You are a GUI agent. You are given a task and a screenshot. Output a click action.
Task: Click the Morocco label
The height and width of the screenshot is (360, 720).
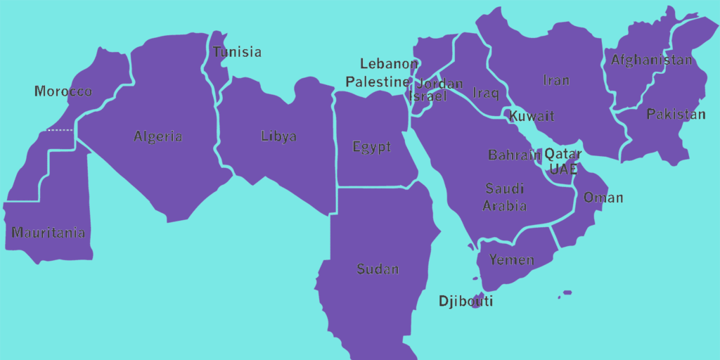(x=63, y=91)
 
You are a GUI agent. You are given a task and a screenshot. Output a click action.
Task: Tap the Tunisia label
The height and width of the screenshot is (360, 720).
(x=237, y=52)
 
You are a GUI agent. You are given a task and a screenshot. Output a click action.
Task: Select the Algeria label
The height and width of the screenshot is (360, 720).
(x=158, y=136)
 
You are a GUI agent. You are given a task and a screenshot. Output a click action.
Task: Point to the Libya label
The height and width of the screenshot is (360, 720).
(x=278, y=136)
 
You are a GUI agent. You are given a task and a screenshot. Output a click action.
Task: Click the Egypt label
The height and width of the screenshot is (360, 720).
(x=371, y=147)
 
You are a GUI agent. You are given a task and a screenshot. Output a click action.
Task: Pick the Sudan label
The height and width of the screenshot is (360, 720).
(x=378, y=269)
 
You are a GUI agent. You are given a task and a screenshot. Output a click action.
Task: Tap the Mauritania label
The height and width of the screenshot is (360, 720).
(x=49, y=233)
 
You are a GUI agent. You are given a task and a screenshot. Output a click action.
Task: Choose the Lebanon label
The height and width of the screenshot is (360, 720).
(x=389, y=64)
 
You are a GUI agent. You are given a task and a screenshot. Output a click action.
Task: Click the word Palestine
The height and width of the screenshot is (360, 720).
(x=377, y=82)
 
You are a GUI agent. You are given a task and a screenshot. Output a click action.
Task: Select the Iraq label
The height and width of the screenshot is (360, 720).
(x=486, y=93)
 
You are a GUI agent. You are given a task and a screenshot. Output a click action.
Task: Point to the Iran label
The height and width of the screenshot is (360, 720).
(x=555, y=80)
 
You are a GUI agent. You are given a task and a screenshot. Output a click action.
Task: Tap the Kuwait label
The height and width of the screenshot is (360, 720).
(x=532, y=116)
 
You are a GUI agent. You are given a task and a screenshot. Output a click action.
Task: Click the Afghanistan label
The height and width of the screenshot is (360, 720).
(x=651, y=60)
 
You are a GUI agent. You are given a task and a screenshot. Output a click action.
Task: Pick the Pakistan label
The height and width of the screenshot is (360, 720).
(x=676, y=114)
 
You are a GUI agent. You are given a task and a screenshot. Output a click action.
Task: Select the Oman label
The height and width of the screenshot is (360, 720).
(x=603, y=198)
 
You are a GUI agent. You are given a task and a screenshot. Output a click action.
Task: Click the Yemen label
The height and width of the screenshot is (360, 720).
(x=512, y=260)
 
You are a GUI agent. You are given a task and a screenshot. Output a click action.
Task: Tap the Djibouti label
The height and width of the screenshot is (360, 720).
(x=465, y=302)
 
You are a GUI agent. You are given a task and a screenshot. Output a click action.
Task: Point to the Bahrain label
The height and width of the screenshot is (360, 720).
(x=515, y=155)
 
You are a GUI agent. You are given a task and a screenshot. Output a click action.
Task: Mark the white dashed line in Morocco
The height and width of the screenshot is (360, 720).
(x=59, y=130)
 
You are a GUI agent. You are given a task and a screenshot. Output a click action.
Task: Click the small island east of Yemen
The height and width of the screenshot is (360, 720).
(x=567, y=292)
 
